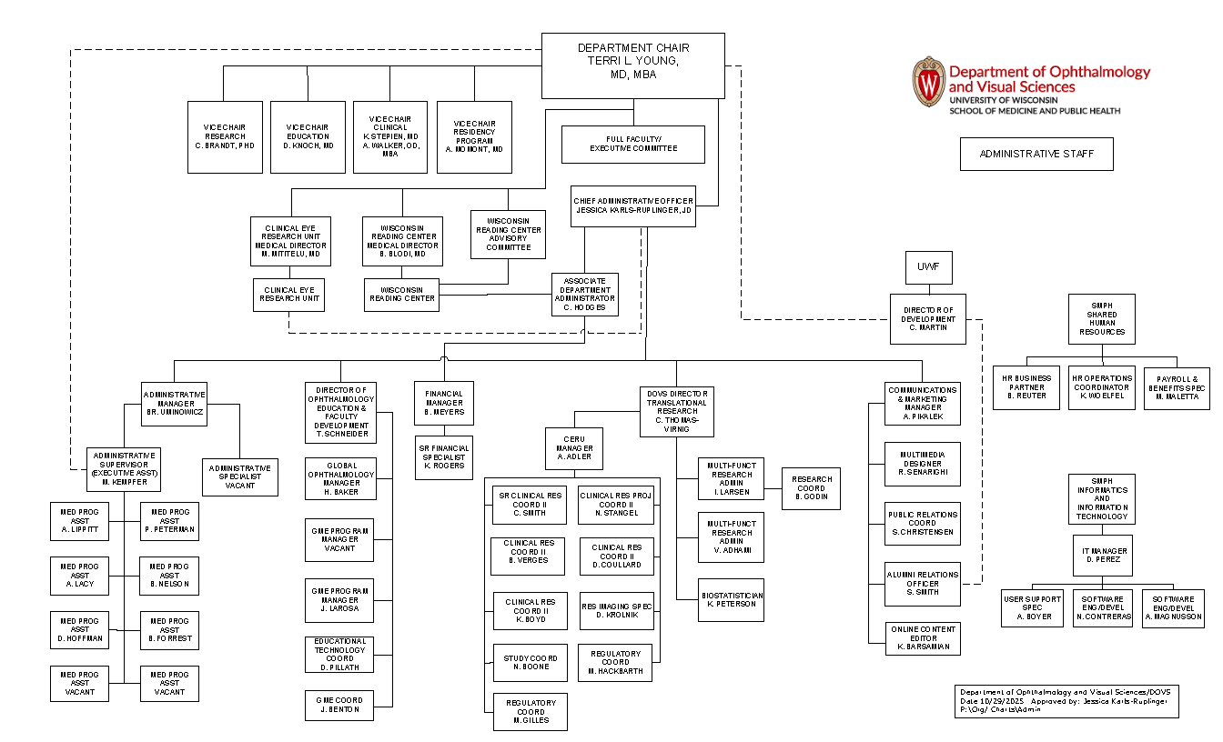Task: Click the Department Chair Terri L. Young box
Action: click(633, 65)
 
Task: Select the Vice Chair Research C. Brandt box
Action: click(225, 136)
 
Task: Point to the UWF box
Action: click(928, 268)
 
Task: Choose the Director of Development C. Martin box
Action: click(928, 318)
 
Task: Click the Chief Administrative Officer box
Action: click(633, 206)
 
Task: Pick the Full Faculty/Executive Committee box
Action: click(633, 144)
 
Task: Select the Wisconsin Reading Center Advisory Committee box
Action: click(508, 234)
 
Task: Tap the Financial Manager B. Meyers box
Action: click(445, 403)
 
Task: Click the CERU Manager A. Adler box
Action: click(574, 447)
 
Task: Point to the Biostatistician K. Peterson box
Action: click(731, 599)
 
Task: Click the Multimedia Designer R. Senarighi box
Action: click(923, 465)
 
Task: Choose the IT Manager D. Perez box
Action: click(1102, 556)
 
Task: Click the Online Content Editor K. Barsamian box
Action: click(923, 637)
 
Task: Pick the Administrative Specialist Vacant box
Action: click(239, 476)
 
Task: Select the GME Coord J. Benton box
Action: click(339, 705)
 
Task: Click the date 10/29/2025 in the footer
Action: click(1003, 702)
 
